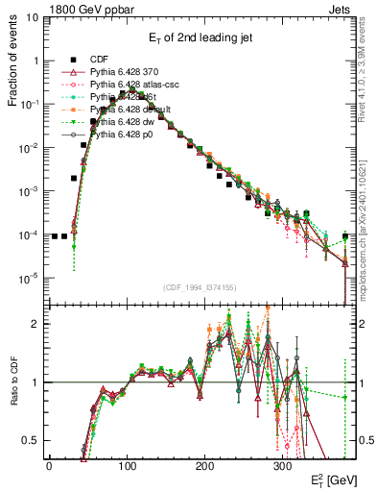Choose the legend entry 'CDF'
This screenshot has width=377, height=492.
(101, 58)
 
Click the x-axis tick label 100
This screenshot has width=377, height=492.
(127, 465)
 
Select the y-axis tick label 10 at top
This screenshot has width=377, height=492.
(32, 17)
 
